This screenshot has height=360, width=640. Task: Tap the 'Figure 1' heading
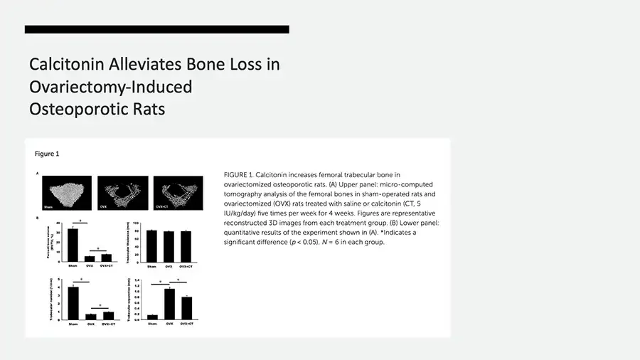point(47,154)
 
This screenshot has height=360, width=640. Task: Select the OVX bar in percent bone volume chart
point(89,258)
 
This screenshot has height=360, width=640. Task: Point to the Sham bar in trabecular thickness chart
point(151,246)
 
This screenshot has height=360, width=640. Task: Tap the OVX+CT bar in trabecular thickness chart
point(185,247)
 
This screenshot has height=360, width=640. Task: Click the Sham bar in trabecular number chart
point(73,303)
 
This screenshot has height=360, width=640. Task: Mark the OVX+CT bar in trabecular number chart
point(108,316)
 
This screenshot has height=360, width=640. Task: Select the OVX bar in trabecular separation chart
point(169,304)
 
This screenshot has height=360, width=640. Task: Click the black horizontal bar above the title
point(156,29)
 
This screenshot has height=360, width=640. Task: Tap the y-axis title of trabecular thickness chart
point(136,244)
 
